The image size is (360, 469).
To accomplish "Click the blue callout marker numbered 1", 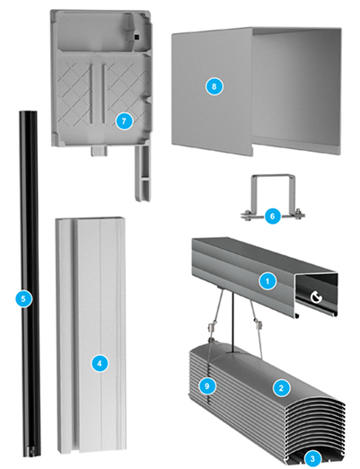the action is [x=268, y=281].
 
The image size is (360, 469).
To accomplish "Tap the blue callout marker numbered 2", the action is [x=281, y=388].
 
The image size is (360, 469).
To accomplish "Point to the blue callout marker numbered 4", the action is [x=100, y=363].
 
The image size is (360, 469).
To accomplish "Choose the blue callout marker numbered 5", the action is [x=24, y=298].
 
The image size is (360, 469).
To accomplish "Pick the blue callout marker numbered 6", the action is [x=272, y=216].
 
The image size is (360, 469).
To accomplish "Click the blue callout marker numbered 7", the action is [x=124, y=121].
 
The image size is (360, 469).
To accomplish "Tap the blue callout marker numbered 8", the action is [x=214, y=86].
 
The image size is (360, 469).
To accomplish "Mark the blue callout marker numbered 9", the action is [x=206, y=386].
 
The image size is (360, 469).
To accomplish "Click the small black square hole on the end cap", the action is [x=136, y=37].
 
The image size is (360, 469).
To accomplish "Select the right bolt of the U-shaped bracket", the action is [x=298, y=215].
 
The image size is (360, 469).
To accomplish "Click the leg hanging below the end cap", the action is [x=143, y=173].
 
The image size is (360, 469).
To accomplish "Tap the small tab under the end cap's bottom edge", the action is [x=99, y=151].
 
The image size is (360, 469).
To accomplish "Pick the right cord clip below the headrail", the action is [x=257, y=323].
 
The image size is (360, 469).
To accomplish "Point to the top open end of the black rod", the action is [x=29, y=112].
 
